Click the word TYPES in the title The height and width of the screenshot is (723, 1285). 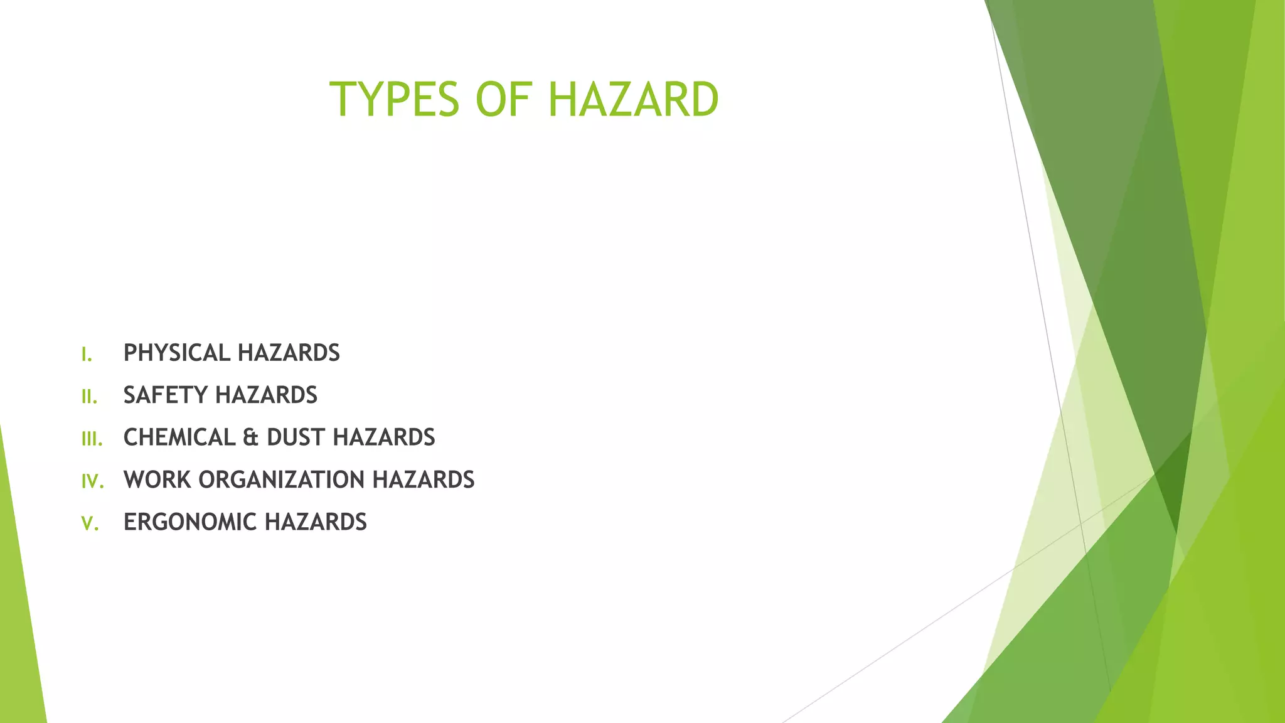click(395, 100)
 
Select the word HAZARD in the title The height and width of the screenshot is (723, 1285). click(633, 100)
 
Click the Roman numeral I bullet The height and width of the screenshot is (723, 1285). click(87, 355)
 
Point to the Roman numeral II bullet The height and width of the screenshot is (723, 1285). click(89, 397)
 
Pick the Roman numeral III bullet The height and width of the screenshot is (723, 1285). click(92, 439)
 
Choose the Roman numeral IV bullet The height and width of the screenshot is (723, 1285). click(92, 481)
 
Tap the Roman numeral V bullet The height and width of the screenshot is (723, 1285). click(90, 523)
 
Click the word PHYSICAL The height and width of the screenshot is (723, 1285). click(177, 353)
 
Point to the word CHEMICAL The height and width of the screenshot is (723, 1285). click(179, 437)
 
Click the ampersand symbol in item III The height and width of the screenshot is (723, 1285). click(250, 437)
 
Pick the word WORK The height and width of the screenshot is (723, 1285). click(157, 480)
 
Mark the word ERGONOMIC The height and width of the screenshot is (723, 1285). click(189, 522)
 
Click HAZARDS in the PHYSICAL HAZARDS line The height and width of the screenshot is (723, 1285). click(289, 353)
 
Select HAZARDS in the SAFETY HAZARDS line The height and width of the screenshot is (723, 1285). click(266, 395)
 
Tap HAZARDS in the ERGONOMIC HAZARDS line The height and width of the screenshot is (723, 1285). click(316, 522)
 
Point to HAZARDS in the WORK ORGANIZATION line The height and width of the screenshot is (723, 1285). click(424, 480)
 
